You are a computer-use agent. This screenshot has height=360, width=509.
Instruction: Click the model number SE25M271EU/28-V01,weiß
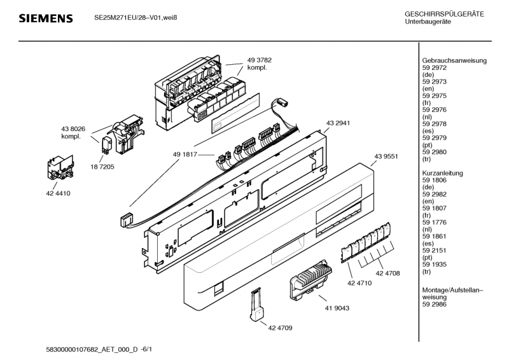(136, 17)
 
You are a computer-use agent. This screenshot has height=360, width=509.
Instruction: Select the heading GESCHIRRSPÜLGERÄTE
(444, 14)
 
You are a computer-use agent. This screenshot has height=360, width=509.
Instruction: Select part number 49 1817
(185, 155)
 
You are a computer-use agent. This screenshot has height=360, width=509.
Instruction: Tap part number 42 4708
(387, 273)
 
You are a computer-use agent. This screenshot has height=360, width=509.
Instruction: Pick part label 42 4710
(359, 283)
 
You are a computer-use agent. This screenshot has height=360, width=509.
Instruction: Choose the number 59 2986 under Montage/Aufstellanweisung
(435, 304)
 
